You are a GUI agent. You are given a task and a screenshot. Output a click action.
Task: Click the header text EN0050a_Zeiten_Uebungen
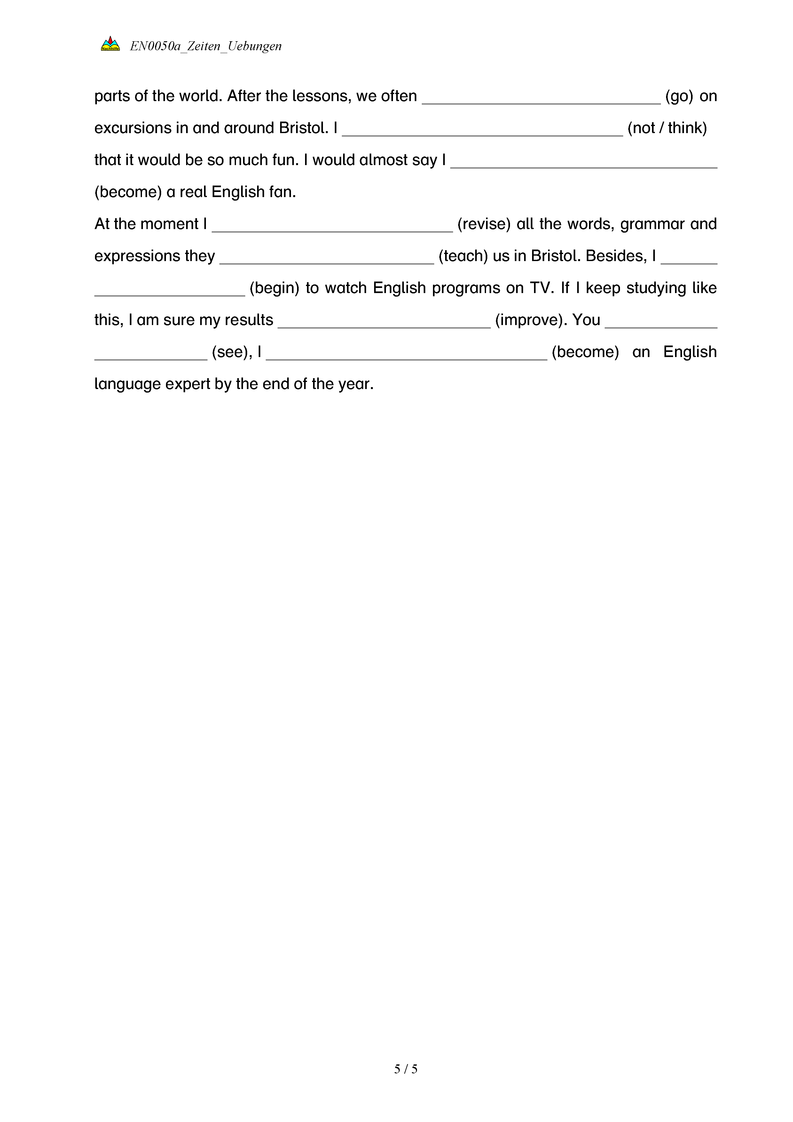pos(206,46)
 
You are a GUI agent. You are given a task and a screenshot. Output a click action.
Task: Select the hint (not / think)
pos(667,128)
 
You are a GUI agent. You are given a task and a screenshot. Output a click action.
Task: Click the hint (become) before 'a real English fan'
pos(128,192)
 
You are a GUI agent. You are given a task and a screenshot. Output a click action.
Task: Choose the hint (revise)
pos(484,224)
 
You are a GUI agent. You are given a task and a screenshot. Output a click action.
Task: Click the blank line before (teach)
pos(327,260)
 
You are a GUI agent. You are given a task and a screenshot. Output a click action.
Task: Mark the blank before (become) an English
pos(407,356)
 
